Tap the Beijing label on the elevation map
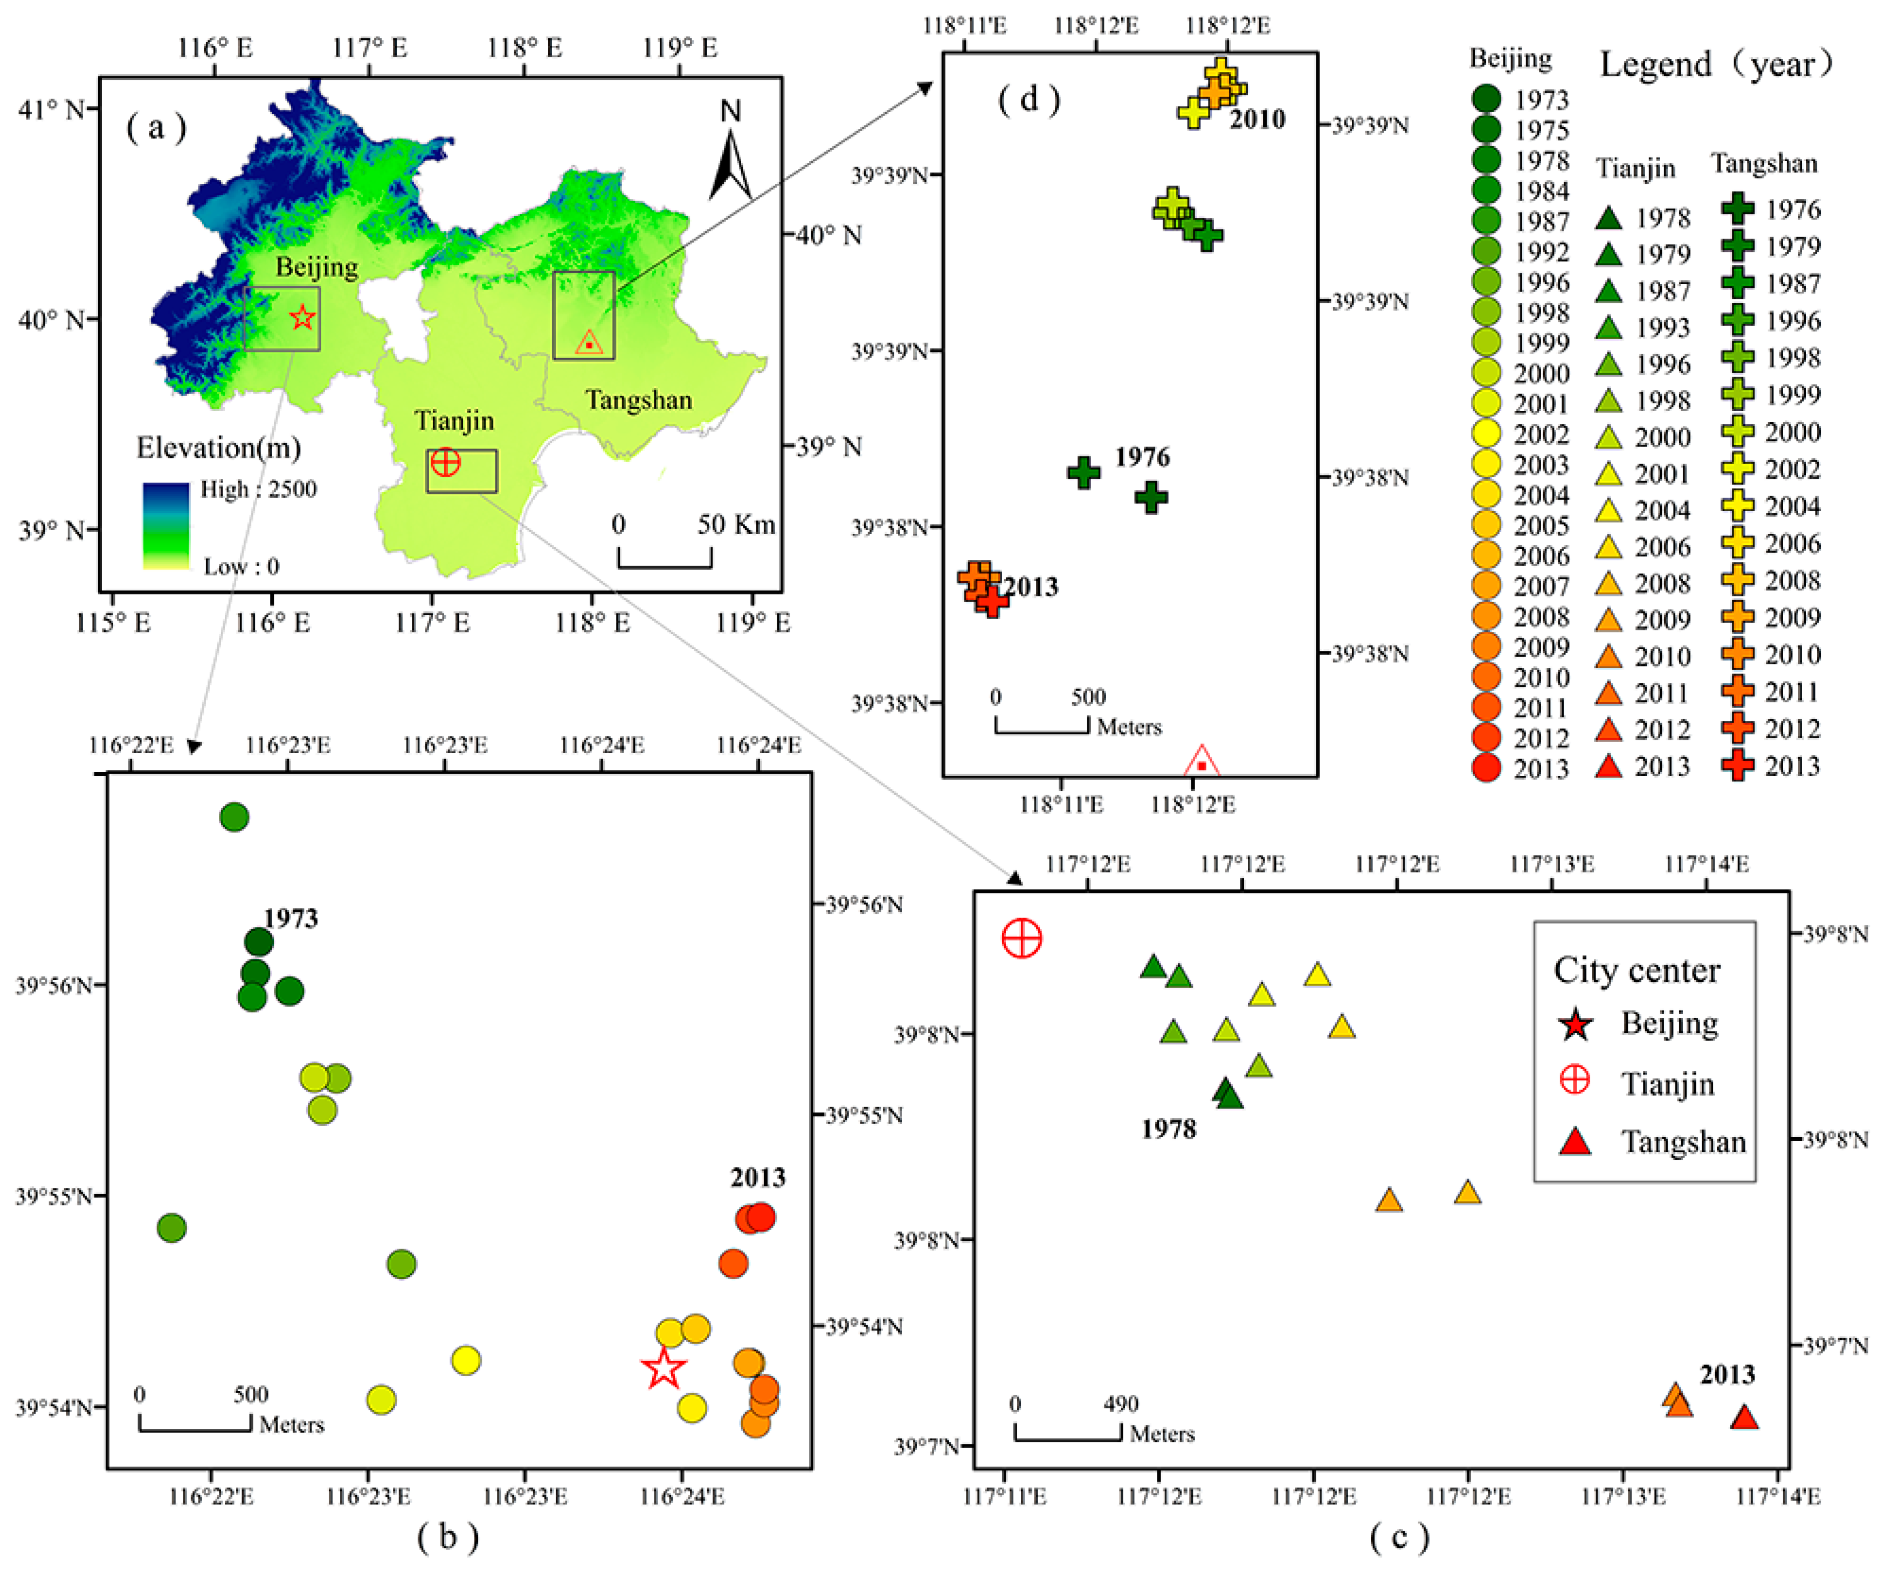[316, 266]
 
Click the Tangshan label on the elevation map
[639, 400]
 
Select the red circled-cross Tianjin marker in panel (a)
[445, 463]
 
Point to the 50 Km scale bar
[665, 556]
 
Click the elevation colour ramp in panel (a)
[167, 526]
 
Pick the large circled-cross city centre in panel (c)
[1022, 938]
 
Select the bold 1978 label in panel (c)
[1168, 1130]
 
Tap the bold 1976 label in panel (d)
[1142, 457]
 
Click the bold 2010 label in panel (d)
[1258, 119]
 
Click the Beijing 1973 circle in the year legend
[1486, 98]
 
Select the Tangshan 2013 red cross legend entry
[1738, 766]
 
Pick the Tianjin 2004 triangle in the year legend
[1609, 511]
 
